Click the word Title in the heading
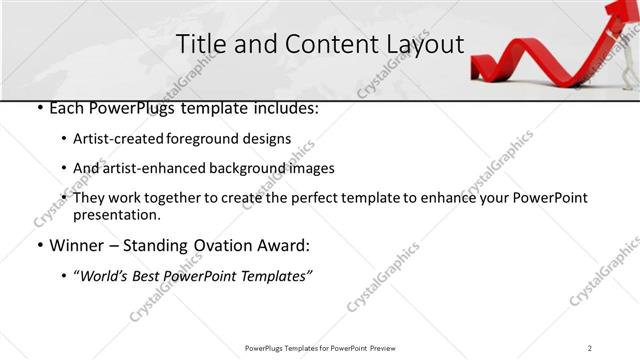199,45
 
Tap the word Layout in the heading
422,45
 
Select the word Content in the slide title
320,45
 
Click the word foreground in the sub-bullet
208,139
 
